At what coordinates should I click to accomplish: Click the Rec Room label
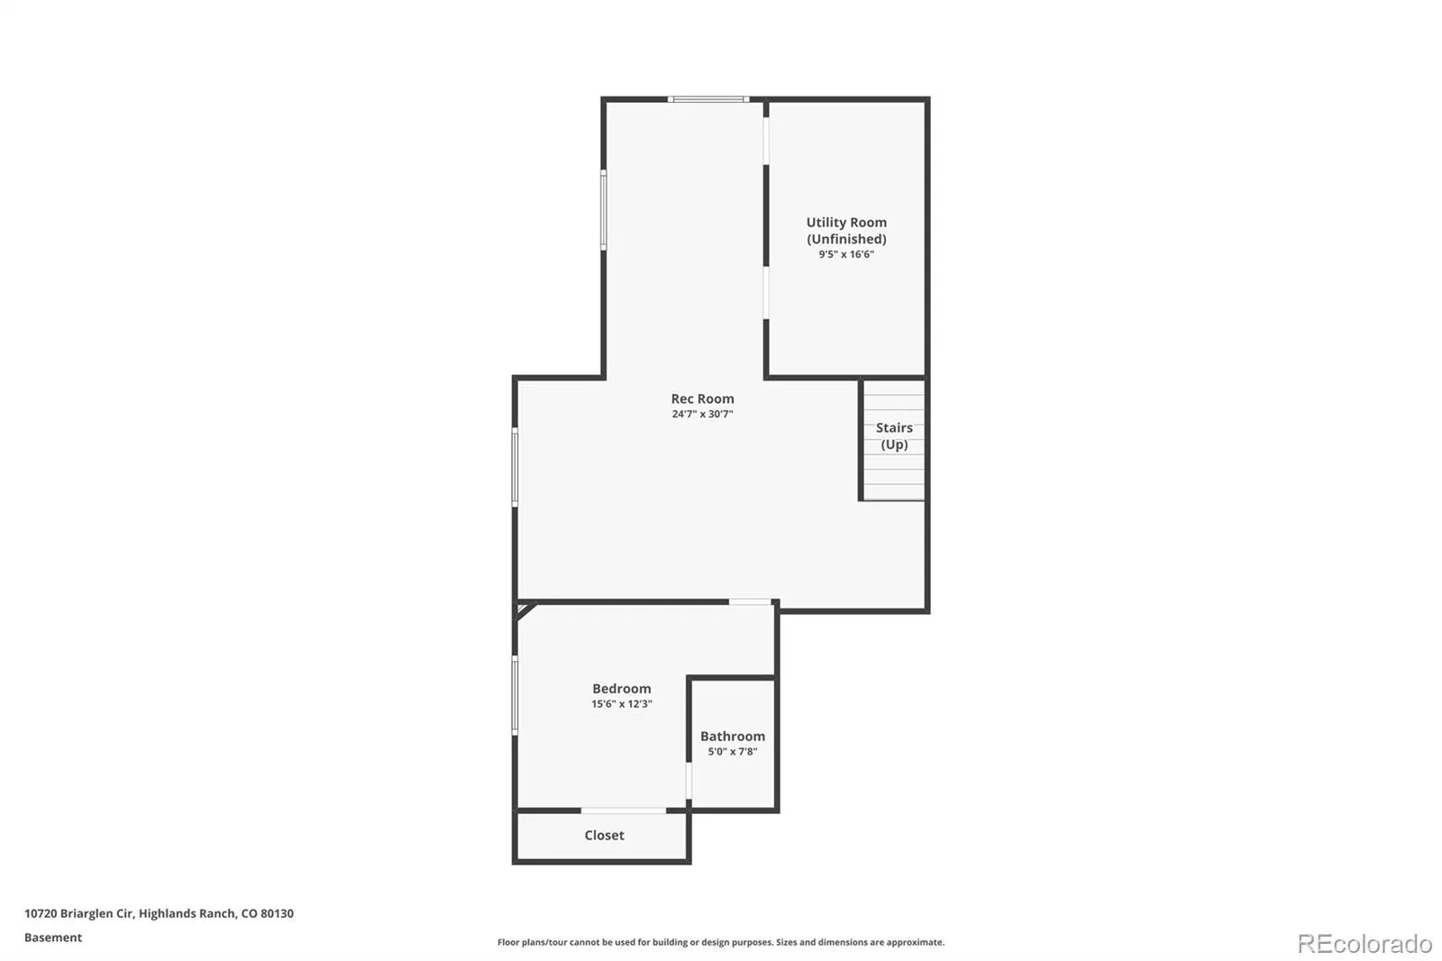702,398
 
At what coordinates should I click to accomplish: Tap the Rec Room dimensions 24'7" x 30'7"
702,414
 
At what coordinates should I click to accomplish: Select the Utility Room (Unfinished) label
846,231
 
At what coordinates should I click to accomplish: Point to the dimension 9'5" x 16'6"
846,254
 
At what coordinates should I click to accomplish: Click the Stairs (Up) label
894,436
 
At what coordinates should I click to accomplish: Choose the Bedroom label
622,689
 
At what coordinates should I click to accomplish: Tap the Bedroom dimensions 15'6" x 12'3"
622,704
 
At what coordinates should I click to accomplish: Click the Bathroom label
733,737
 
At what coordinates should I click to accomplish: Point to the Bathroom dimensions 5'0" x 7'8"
733,752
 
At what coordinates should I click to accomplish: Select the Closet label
604,836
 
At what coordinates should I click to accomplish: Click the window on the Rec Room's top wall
708,99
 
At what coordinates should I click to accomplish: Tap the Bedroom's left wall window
515,695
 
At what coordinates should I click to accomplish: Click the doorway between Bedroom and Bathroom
689,781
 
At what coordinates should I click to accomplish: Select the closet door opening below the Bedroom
623,810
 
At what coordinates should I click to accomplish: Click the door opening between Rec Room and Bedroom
750,602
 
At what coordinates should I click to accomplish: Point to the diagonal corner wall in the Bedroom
526,610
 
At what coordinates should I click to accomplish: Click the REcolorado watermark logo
1364,944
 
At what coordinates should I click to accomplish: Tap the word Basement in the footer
53,938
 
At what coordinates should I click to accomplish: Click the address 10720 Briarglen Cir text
79,913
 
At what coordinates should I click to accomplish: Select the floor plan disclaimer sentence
721,942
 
